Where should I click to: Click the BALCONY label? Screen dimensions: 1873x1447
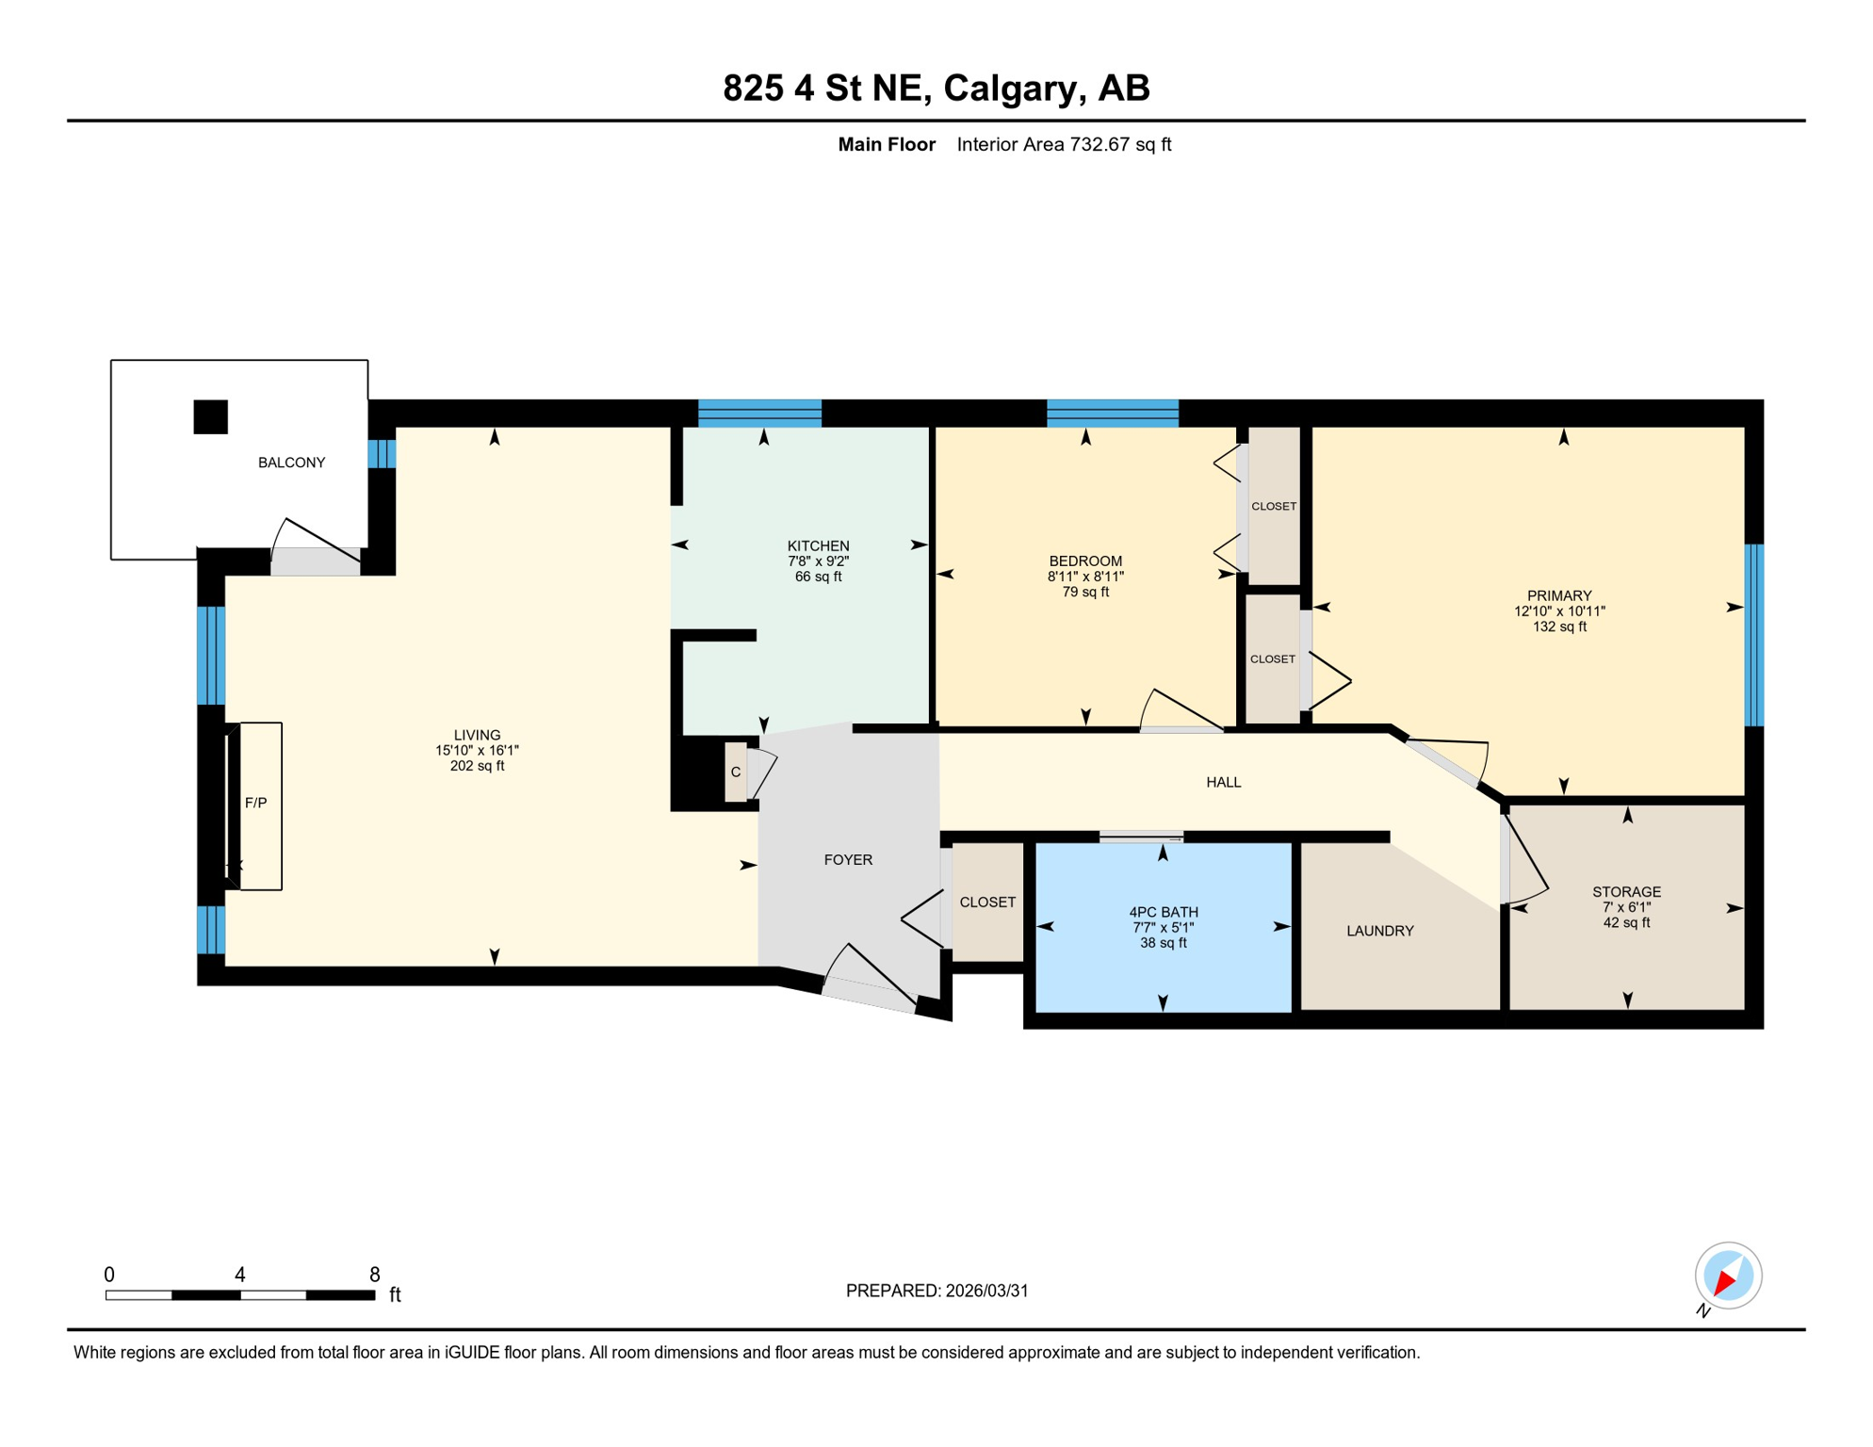291,463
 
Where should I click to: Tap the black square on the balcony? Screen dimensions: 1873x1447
211,417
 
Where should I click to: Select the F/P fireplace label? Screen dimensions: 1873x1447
256,803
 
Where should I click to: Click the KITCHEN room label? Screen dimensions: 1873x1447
819,546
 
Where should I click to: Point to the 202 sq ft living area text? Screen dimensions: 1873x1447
478,766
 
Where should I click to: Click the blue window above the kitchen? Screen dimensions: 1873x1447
759,414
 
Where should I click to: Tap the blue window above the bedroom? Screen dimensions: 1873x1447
1113,414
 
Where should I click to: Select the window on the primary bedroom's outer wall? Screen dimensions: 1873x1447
1753,636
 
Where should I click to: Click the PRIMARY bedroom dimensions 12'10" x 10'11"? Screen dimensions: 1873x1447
1559,611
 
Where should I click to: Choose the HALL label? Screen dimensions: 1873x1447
1224,782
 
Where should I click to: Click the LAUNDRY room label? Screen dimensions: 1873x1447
1380,931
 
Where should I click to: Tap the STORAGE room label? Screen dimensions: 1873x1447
1627,892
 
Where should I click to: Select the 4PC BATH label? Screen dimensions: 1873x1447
1164,912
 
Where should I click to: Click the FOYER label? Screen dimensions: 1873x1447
848,859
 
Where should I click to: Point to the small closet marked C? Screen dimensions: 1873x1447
736,772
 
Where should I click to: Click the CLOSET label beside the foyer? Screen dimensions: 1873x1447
987,902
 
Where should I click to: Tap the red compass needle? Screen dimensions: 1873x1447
1726,1281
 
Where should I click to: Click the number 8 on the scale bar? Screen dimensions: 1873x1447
375,1275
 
